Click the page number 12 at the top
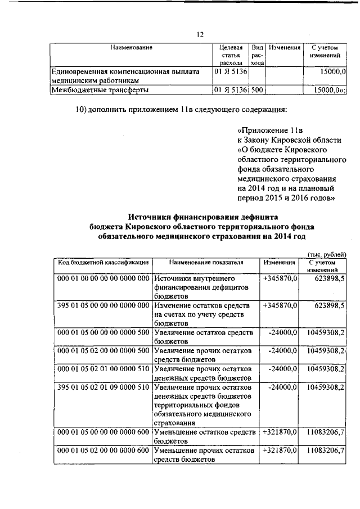(200, 35)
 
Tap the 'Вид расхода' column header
(256, 56)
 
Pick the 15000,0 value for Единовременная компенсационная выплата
(332, 73)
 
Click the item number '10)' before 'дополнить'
(83, 109)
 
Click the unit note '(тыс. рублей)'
(327, 255)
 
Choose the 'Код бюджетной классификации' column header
(102, 262)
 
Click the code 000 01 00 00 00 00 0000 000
(102, 278)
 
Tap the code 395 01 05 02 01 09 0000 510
(102, 387)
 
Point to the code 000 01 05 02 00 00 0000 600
(102, 451)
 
